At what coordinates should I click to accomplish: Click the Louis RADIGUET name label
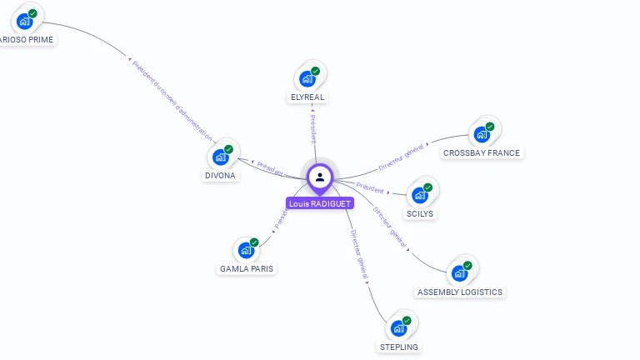point(320,203)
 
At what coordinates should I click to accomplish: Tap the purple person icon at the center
point(320,177)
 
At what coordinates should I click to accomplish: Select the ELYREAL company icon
point(308,78)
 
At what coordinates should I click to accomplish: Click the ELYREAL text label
point(307,97)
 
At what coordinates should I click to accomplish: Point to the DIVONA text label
point(221,176)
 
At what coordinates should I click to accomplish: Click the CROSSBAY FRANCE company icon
point(482,134)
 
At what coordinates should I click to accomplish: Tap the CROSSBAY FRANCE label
point(482,153)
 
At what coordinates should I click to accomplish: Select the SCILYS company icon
point(421,195)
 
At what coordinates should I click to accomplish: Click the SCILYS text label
point(420,214)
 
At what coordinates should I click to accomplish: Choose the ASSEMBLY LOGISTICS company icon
point(460,273)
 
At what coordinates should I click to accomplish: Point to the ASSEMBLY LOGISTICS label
point(460,292)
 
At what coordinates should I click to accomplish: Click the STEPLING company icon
point(400,327)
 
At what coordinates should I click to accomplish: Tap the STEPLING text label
point(400,347)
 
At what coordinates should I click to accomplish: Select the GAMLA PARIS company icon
point(247,250)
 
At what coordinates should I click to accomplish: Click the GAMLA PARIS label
point(247,269)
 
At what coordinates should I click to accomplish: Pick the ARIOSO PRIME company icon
point(26,21)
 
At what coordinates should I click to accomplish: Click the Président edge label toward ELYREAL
point(313,130)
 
